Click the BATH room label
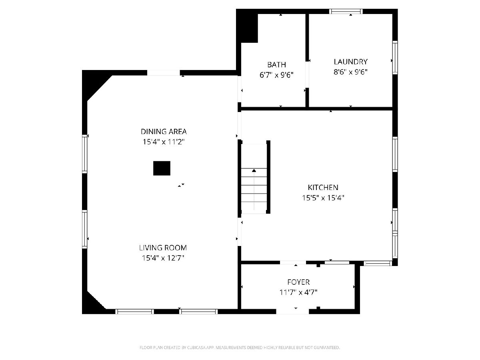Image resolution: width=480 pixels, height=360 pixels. [x=276, y=65]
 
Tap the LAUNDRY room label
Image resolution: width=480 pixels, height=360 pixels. [x=350, y=62]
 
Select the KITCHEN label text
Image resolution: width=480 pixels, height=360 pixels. [x=323, y=187]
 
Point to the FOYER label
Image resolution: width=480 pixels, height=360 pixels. [x=298, y=282]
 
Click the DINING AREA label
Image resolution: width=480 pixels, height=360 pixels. [x=164, y=132]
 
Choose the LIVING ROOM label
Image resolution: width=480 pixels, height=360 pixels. [x=163, y=248]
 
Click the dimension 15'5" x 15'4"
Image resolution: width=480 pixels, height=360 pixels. [x=323, y=198]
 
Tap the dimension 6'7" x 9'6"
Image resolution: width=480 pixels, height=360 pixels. [x=276, y=75]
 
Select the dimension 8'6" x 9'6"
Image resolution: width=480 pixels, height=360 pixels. [x=350, y=72]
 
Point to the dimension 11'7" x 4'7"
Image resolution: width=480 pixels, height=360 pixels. [x=298, y=292]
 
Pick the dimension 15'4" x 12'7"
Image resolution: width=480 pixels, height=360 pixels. [x=163, y=258]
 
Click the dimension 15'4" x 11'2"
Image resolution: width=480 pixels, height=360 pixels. [x=164, y=142]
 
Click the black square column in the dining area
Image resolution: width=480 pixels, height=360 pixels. [x=162, y=168]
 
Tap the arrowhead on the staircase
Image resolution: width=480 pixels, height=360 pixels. [x=254, y=170]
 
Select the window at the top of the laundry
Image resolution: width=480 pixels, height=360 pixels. [x=346, y=11]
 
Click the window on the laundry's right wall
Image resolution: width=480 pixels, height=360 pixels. [x=395, y=58]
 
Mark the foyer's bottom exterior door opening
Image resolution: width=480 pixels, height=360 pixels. [x=292, y=312]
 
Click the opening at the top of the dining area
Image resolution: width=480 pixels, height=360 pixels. [x=164, y=73]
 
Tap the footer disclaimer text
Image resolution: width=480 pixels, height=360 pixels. [x=240, y=348]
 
